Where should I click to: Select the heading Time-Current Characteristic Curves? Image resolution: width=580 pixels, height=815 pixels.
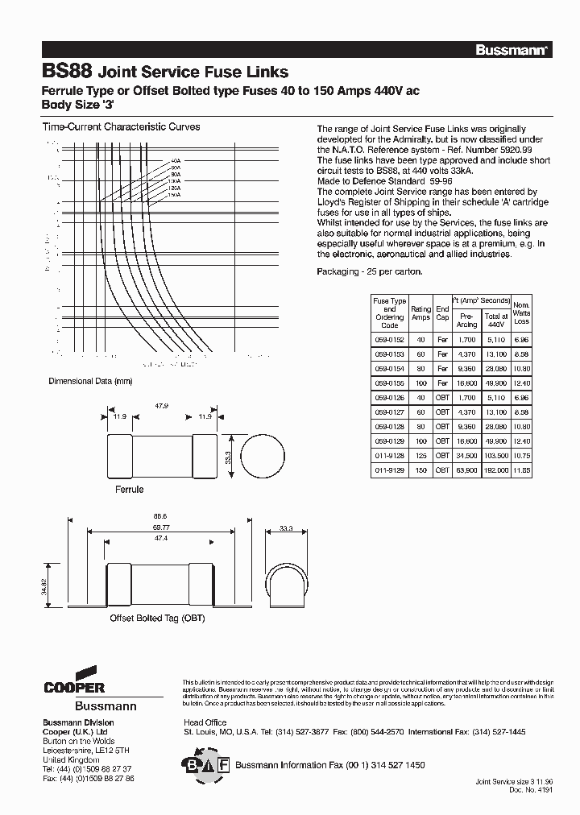(x=120, y=127)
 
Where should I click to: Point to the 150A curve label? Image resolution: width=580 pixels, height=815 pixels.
(x=173, y=194)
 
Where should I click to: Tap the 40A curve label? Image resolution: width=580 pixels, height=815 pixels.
(x=175, y=160)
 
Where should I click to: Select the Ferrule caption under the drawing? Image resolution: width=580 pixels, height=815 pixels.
(x=129, y=490)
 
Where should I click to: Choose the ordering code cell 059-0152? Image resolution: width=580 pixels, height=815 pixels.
(x=389, y=340)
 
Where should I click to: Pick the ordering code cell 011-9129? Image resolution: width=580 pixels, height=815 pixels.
(x=389, y=469)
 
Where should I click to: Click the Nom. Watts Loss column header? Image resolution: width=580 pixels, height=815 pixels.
(x=521, y=312)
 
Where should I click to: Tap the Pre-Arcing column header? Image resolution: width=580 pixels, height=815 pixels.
(x=467, y=321)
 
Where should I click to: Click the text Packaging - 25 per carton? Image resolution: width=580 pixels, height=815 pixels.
(x=369, y=272)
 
